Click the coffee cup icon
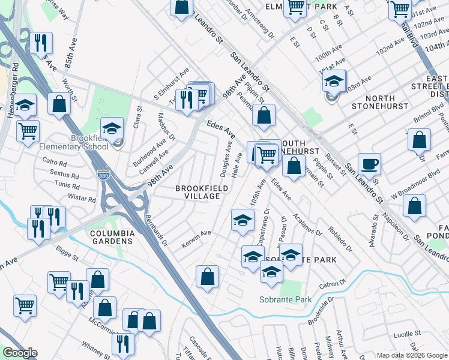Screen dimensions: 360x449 click(x=369, y=164)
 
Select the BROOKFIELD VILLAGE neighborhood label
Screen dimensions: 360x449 click(x=202, y=192)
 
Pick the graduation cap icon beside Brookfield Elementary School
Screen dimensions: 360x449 click(x=112, y=128)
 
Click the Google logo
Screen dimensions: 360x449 click(x=20, y=352)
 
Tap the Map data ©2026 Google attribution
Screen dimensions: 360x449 click(x=411, y=355)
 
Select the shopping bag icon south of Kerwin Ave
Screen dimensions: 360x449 click(x=207, y=277)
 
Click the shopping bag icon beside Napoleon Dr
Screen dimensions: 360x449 click(x=414, y=206)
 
